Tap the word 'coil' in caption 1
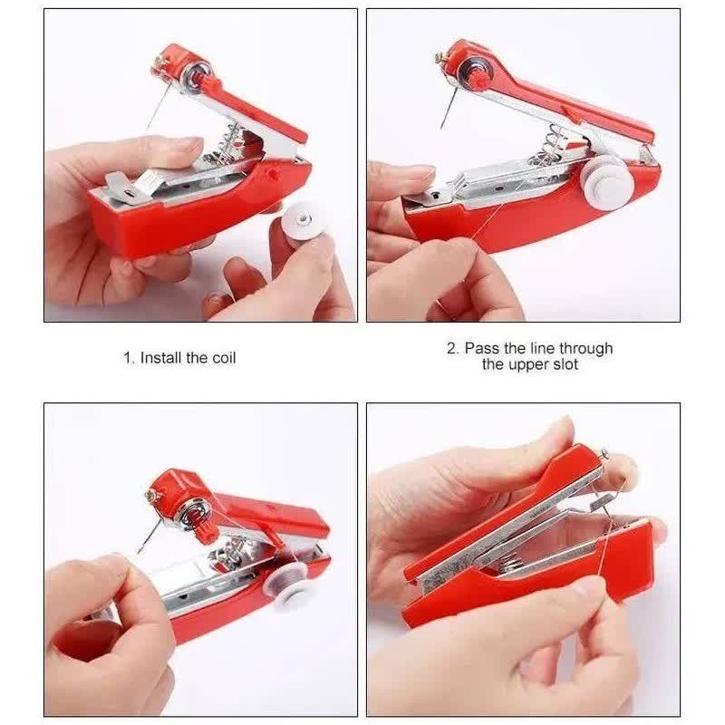click(x=224, y=357)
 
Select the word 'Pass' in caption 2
click(x=482, y=348)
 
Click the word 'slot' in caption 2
click(x=563, y=364)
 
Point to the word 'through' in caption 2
click(x=585, y=348)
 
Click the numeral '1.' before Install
click(x=130, y=357)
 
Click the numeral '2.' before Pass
click(x=453, y=348)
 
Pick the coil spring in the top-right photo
click(x=552, y=147)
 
